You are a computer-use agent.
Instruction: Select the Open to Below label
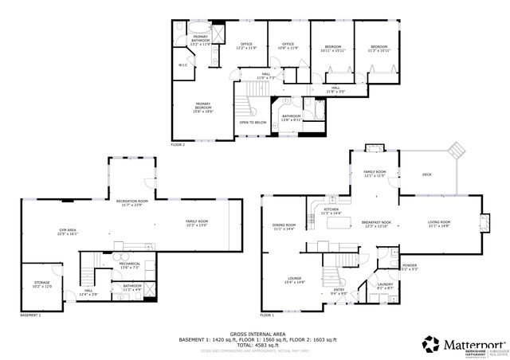(x=253, y=122)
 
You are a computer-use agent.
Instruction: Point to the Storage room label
(x=41, y=284)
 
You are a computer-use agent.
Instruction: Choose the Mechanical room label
(x=130, y=264)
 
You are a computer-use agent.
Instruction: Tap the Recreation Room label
(x=132, y=202)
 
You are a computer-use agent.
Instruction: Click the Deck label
(x=426, y=174)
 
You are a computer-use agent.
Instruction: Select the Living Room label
(x=439, y=222)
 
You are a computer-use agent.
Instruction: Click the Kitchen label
(x=330, y=209)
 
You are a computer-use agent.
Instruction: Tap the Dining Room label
(x=284, y=225)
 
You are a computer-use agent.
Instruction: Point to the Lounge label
(x=294, y=279)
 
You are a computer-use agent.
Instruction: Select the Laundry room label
(x=384, y=284)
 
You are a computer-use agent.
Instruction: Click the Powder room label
(x=410, y=265)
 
